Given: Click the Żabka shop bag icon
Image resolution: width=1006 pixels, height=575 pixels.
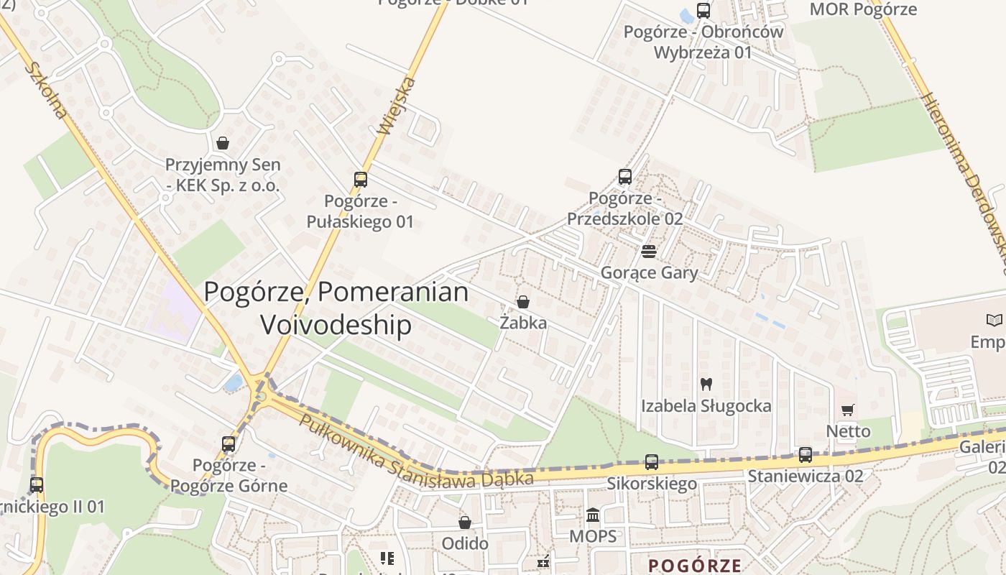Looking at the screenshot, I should [x=523, y=302].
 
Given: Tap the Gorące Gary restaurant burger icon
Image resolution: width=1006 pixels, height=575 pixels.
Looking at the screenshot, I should [x=649, y=252].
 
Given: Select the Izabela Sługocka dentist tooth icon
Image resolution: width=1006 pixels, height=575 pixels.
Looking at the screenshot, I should [x=706, y=385].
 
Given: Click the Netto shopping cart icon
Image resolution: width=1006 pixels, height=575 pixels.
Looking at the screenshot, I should [x=848, y=410].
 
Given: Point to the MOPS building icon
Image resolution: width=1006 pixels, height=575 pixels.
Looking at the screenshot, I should [x=593, y=515].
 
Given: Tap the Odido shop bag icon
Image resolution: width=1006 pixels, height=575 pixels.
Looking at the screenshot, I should [x=465, y=522].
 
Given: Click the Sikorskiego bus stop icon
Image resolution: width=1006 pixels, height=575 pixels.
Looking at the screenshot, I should [x=652, y=462].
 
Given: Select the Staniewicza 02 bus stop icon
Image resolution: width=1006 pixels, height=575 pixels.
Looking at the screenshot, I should [x=806, y=455].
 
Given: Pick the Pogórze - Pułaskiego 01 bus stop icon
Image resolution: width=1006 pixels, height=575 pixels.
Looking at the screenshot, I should [x=361, y=180].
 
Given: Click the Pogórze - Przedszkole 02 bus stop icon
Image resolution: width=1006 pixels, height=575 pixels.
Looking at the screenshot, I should [x=625, y=177].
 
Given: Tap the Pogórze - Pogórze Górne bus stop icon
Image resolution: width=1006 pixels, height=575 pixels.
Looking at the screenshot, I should [x=229, y=444].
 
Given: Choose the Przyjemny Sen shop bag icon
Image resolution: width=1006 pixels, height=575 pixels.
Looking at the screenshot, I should [x=223, y=143].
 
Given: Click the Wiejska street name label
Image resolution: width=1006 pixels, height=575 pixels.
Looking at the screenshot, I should [x=397, y=106].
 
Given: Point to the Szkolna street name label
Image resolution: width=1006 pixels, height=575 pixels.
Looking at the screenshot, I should [x=46, y=90].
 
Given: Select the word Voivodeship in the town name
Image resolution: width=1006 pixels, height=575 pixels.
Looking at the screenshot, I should [x=336, y=325].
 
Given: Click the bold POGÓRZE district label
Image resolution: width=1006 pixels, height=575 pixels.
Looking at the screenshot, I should [x=694, y=565].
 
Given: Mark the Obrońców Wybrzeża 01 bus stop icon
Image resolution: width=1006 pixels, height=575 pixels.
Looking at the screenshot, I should [x=703, y=11].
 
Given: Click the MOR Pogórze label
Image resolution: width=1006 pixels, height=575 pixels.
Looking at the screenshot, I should [x=863, y=9].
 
